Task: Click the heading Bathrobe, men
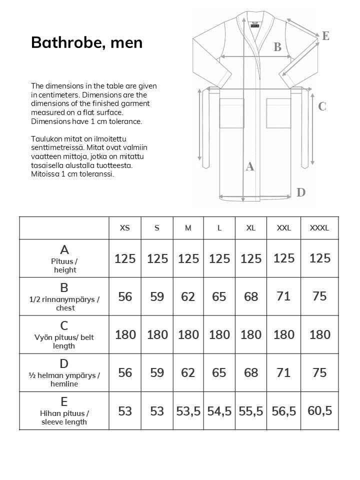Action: tap(86, 42)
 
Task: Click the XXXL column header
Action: tap(319, 228)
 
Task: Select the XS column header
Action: tap(125, 228)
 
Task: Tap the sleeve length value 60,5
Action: tap(320, 411)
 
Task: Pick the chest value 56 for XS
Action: tap(125, 296)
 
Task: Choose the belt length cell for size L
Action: tap(219, 334)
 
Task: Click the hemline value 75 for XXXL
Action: tap(319, 372)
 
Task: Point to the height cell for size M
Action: tap(188, 258)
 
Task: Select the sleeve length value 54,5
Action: tap(219, 411)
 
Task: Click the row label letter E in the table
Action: tap(64, 402)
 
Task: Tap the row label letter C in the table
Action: tap(64, 326)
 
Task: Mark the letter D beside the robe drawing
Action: tap(301, 192)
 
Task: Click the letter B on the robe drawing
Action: tap(277, 47)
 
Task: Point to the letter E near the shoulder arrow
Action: tap(325, 35)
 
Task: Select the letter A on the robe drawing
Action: tap(250, 166)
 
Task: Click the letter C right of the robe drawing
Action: tap(322, 106)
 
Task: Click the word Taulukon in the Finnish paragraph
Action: tap(46, 139)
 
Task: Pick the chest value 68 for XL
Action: tap(251, 296)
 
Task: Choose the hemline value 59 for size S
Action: tap(157, 372)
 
